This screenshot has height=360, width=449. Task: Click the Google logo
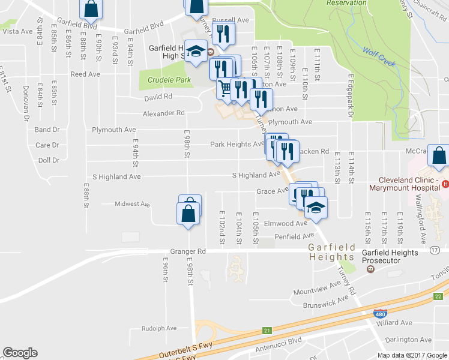pos(20,353)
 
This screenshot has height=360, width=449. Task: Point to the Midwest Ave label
pos(132,205)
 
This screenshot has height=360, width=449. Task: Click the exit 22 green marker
pos(438,296)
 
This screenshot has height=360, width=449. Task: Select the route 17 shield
pos(434,249)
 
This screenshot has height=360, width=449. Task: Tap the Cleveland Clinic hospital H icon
pos(445,184)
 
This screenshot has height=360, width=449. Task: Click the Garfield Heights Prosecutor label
pos(390,257)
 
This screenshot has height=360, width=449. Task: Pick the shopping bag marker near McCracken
pos(439,155)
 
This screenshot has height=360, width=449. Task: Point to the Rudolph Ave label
pos(159,328)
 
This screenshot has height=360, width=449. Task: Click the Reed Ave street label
pos(85,74)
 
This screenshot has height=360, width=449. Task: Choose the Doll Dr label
pos(48,161)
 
